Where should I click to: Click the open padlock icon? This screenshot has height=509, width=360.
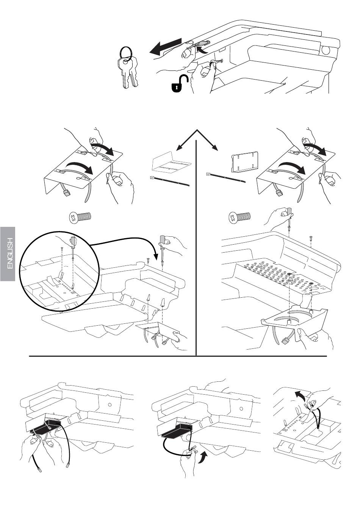pyautogui.click(x=180, y=84)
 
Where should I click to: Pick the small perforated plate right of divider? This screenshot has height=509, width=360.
pyautogui.click(x=244, y=163)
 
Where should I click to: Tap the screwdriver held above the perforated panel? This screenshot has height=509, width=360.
pyautogui.click(x=289, y=218)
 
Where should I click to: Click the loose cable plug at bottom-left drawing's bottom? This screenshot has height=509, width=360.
pyautogui.click(x=39, y=470)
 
